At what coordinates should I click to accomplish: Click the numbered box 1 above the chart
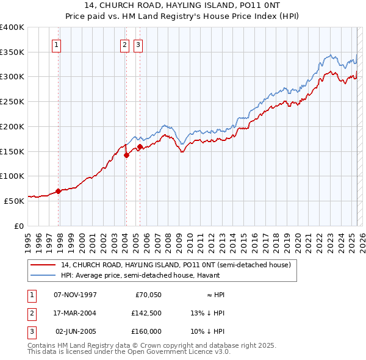click(56, 44)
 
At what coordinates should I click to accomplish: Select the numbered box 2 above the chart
click(124, 44)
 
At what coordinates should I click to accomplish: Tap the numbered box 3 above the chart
click(138, 44)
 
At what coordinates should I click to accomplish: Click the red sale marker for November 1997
click(59, 191)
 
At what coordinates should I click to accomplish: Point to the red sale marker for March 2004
click(127, 155)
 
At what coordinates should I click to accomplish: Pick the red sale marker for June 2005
click(140, 146)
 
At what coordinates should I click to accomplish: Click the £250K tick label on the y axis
click(12, 102)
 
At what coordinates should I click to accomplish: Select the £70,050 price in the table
click(146, 295)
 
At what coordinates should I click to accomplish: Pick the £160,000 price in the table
click(146, 331)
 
